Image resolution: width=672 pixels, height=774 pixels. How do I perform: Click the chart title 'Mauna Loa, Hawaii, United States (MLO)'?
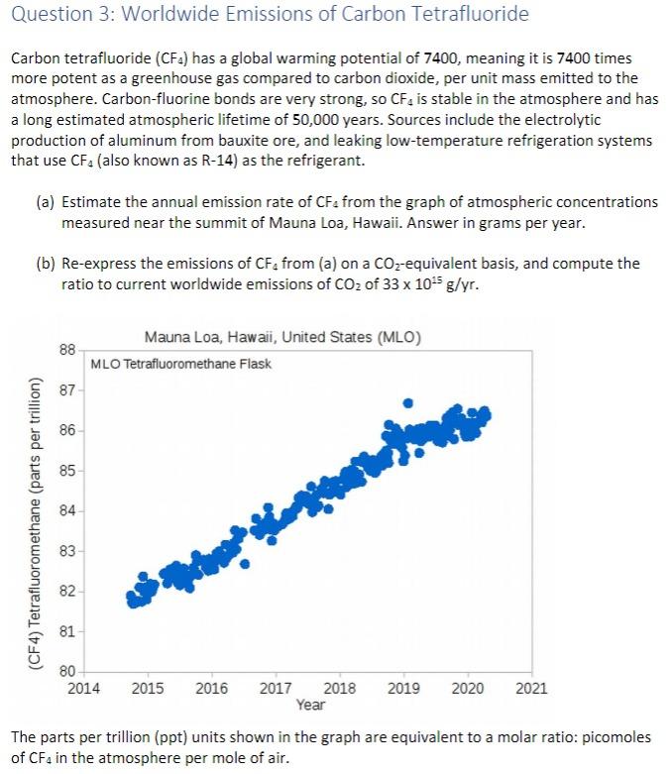282,338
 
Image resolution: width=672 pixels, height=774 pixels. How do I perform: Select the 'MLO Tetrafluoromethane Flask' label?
180,364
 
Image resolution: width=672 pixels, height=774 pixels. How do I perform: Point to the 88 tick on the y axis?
67,351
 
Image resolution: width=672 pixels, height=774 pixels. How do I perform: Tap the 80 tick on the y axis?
67,670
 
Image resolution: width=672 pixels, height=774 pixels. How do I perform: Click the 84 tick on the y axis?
67,511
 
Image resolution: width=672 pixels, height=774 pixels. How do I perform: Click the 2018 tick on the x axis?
340,687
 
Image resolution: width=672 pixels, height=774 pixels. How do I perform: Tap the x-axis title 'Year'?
309,705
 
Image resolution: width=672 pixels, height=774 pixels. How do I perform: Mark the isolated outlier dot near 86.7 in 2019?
407,403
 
